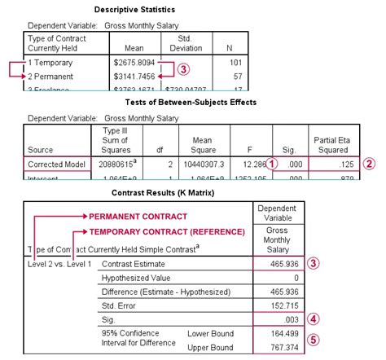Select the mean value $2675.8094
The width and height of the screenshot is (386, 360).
pyautogui.click(x=134, y=62)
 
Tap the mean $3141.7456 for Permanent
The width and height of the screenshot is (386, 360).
pyautogui.click(x=134, y=76)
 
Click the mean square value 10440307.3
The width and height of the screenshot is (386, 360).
pyautogui.click(x=204, y=163)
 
